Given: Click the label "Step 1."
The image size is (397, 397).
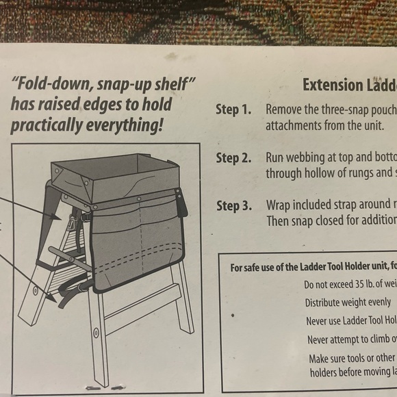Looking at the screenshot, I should pos(233,110).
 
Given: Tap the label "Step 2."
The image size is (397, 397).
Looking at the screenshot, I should pos(233,158).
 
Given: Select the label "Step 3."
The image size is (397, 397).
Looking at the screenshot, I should pos(233,206).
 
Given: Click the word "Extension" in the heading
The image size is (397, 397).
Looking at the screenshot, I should pos(333,86).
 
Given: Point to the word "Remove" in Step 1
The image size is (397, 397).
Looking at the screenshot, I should pos(285,110).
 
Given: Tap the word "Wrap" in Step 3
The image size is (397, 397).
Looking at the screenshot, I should pos(280,206).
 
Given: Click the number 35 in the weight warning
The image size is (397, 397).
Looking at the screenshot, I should pos(367,285).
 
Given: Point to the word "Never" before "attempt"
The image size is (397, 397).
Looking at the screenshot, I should pos(322,340).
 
